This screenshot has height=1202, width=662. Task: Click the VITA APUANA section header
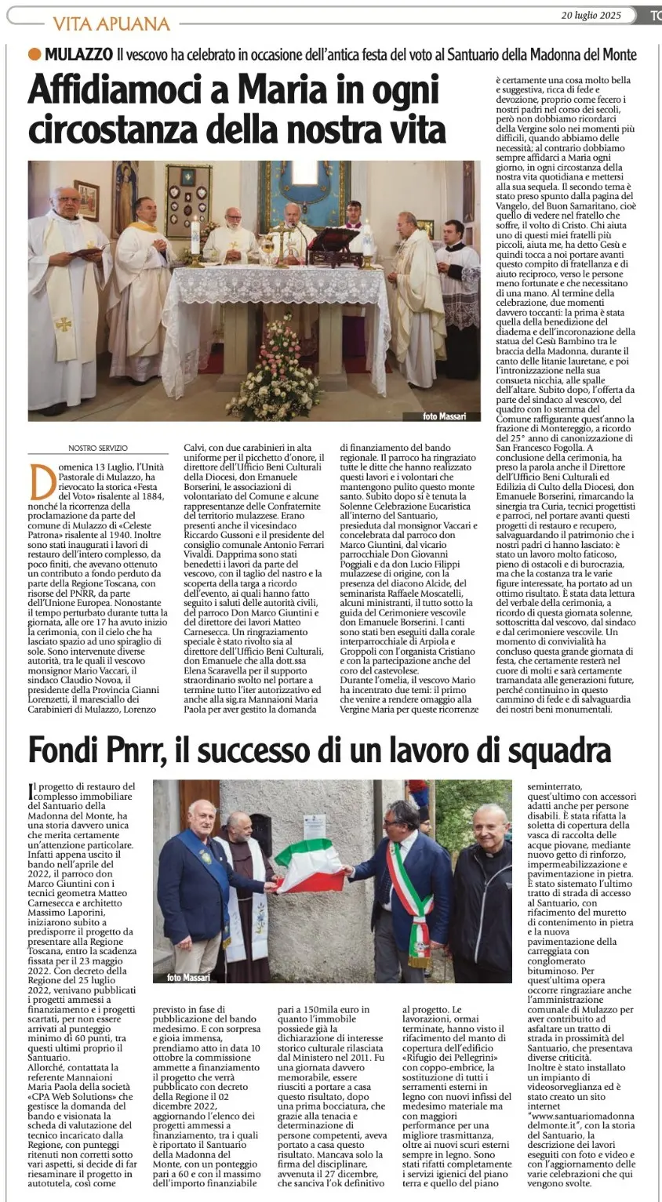click(111, 24)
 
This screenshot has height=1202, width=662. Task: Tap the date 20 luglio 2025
click(591, 15)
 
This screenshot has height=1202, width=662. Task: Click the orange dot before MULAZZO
click(34, 54)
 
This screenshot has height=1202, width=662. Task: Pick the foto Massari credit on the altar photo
click(443, 416)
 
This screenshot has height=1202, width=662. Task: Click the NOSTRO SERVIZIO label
click(97, 448)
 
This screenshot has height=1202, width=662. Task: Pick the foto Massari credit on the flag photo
click(189, 977)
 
